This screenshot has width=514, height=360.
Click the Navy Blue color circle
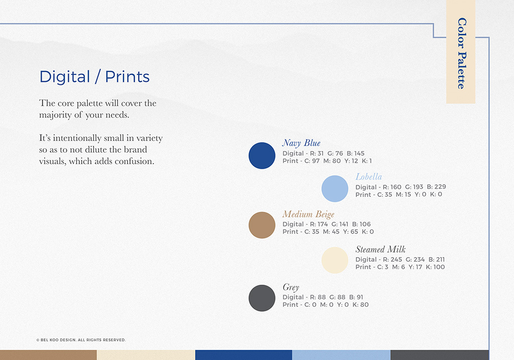click(x=262, y=156)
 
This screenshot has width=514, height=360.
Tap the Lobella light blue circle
click(x=335, y=188)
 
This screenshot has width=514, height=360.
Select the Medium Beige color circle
click(x=262, y=225)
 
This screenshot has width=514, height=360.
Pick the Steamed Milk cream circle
click(x=335, y=260)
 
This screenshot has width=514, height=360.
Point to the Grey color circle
click(x=262, y=298)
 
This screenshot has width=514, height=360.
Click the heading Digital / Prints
click(x=94, y=77)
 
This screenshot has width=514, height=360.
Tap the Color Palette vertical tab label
click(x=462, y=53)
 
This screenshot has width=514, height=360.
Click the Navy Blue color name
click(x=301, y=143)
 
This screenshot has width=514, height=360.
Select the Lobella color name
click(x=369, y=177)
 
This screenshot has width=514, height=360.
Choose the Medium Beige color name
click(x=309, y=214)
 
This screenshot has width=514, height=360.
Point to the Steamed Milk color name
click(x=380, y=250)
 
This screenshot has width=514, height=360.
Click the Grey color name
click(x=291, y=288)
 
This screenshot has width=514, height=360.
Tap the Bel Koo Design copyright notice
click(x=81, y=340)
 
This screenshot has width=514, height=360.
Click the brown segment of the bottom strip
click(x=48, y=355)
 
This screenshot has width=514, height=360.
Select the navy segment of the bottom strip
click(x=243, y=355)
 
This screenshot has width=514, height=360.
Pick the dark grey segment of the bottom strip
click(x=440, y=355)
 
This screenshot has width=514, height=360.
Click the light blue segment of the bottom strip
click(x=341, y=355)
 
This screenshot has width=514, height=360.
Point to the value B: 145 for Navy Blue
click(x=356, y=154)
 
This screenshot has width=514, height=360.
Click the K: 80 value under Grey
click(x=360, y=305)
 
